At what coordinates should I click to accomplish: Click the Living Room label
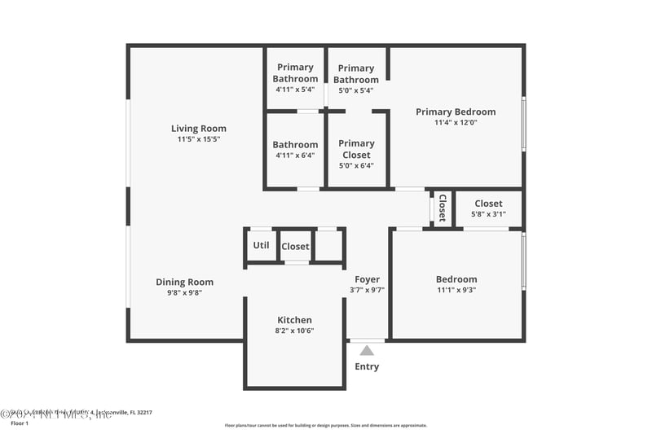coord(198,129)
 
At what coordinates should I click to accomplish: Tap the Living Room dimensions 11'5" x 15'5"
coord(198,139)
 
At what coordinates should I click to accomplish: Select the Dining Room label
coord(184,283)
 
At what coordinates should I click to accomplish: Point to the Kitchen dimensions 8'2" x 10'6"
coord(294,331)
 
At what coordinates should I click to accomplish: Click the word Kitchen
coord(294,320)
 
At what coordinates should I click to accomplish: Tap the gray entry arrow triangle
coord(367,350)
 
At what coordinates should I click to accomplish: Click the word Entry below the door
coord(367,366)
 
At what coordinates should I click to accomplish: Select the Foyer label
coord(367,279)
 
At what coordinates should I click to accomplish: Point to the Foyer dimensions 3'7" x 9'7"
coord(367,290)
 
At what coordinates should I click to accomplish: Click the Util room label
coord(261,245)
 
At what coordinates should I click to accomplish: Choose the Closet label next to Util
coord(295,247)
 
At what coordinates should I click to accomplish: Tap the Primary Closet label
coord(356,149)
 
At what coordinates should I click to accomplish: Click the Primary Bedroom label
coord(456,112)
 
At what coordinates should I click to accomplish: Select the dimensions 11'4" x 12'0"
coord(456,123)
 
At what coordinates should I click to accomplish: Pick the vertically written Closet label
coord(443,208)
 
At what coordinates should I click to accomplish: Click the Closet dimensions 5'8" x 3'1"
coord(488,214)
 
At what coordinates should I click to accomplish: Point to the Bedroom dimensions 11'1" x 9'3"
coord(456,290)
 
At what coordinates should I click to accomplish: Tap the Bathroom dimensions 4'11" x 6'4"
coord(295,156)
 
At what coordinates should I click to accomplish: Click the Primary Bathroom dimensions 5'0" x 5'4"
coord(356,90)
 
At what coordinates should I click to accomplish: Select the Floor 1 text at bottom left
coord(19,423)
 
